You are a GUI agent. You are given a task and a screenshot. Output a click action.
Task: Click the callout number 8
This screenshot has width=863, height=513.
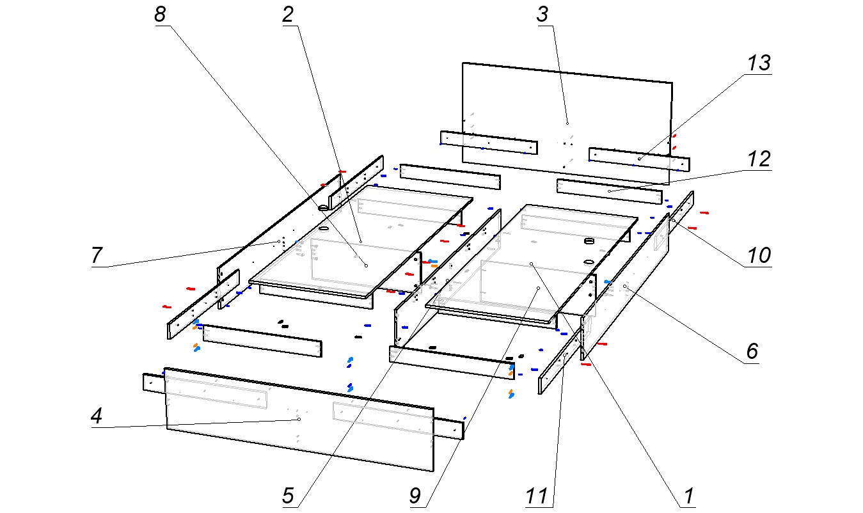tap(160, 15)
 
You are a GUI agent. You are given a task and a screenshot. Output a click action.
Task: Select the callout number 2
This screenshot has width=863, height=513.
tap(288, 15)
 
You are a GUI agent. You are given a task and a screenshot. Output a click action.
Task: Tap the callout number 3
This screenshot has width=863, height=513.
tap(542, 15)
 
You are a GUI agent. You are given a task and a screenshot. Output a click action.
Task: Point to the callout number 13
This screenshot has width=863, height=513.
tap(759, 63)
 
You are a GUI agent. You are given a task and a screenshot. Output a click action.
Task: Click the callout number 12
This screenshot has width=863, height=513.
tap(759, 159)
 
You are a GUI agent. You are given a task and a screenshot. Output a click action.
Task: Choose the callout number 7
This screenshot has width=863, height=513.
tap(97, 255)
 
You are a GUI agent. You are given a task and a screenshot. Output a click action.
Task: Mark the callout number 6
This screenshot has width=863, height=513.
tap(752, 351)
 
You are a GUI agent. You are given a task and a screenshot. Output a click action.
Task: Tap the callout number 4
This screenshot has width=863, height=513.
tap(97, 416)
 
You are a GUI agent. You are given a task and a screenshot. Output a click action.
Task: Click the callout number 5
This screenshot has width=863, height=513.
tap(288, 496)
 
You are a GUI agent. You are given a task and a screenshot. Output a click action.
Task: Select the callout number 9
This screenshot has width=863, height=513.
tap(416, 496)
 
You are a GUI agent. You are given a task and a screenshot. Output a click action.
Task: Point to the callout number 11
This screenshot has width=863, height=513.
tap(537, 496)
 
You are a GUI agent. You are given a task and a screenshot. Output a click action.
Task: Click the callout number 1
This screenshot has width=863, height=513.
tap(688, 496)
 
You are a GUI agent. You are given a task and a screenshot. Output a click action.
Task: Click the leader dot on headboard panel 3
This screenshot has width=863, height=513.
tap(567, 122)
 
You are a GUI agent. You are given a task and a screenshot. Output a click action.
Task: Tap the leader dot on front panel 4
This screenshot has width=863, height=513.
tap(299, 419)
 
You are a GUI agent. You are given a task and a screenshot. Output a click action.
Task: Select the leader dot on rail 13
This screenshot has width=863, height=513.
tap(639, 159)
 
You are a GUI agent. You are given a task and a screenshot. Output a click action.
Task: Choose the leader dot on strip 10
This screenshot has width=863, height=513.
tap(673, 221)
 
